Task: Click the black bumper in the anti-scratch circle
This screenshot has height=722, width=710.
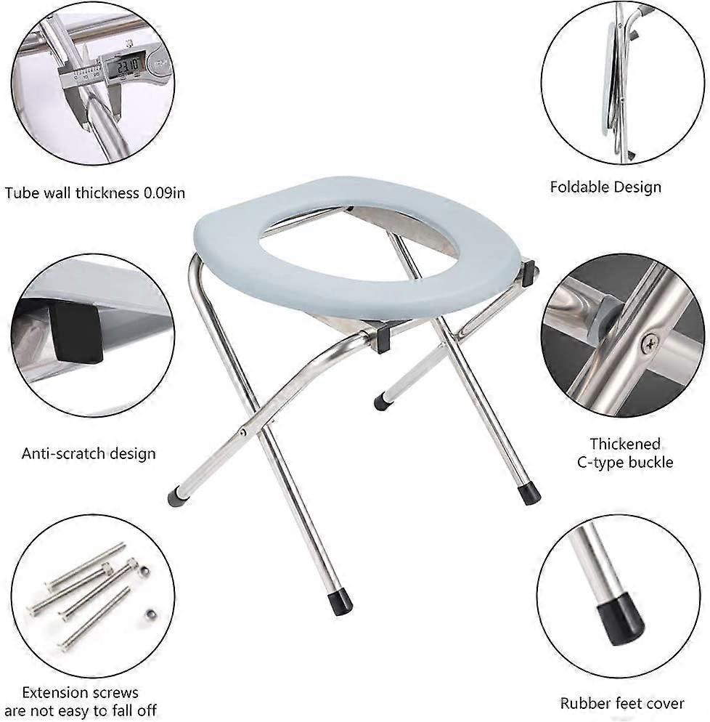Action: [75, 332]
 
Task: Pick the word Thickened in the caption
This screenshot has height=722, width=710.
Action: [624, 444]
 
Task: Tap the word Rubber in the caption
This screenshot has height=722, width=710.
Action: [584, 703]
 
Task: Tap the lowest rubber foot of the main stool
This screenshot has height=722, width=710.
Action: [339, 602]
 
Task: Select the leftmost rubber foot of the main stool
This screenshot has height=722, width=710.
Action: [176, 498]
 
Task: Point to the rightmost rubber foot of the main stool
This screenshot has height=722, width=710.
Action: [530, 493]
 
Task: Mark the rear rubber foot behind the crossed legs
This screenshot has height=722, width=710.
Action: [380, 402]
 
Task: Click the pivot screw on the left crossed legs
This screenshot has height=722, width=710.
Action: [243, 432]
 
